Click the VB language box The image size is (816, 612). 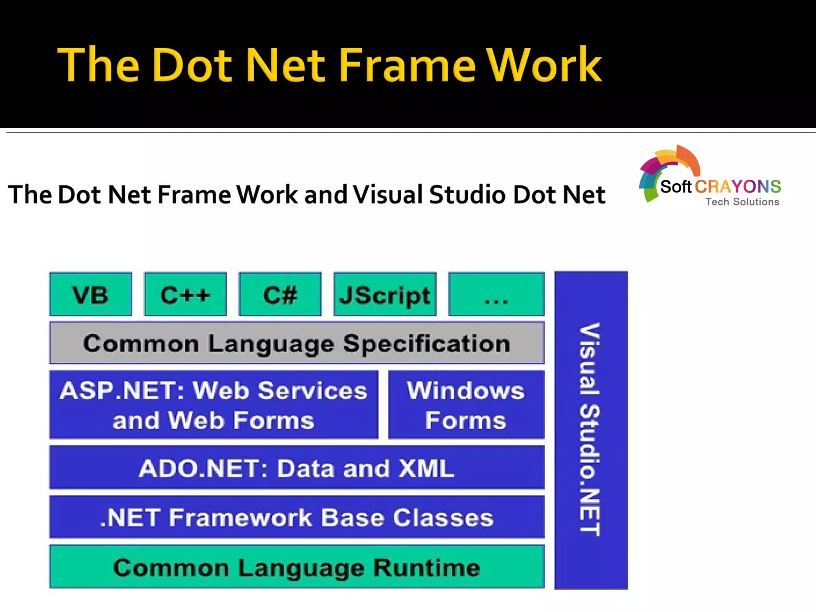90,294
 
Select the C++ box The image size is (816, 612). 185,294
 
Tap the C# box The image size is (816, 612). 280,294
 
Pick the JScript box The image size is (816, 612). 384,294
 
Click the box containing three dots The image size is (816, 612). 496,294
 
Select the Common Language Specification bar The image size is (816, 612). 297,343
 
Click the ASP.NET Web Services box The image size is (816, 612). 214,405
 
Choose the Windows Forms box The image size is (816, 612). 466,405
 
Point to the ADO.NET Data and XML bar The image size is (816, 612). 297,467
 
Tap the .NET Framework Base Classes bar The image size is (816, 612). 297,517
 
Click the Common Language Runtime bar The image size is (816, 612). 297,567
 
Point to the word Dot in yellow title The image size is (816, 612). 192,65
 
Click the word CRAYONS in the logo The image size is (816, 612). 738,186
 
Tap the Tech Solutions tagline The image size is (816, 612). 742,202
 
